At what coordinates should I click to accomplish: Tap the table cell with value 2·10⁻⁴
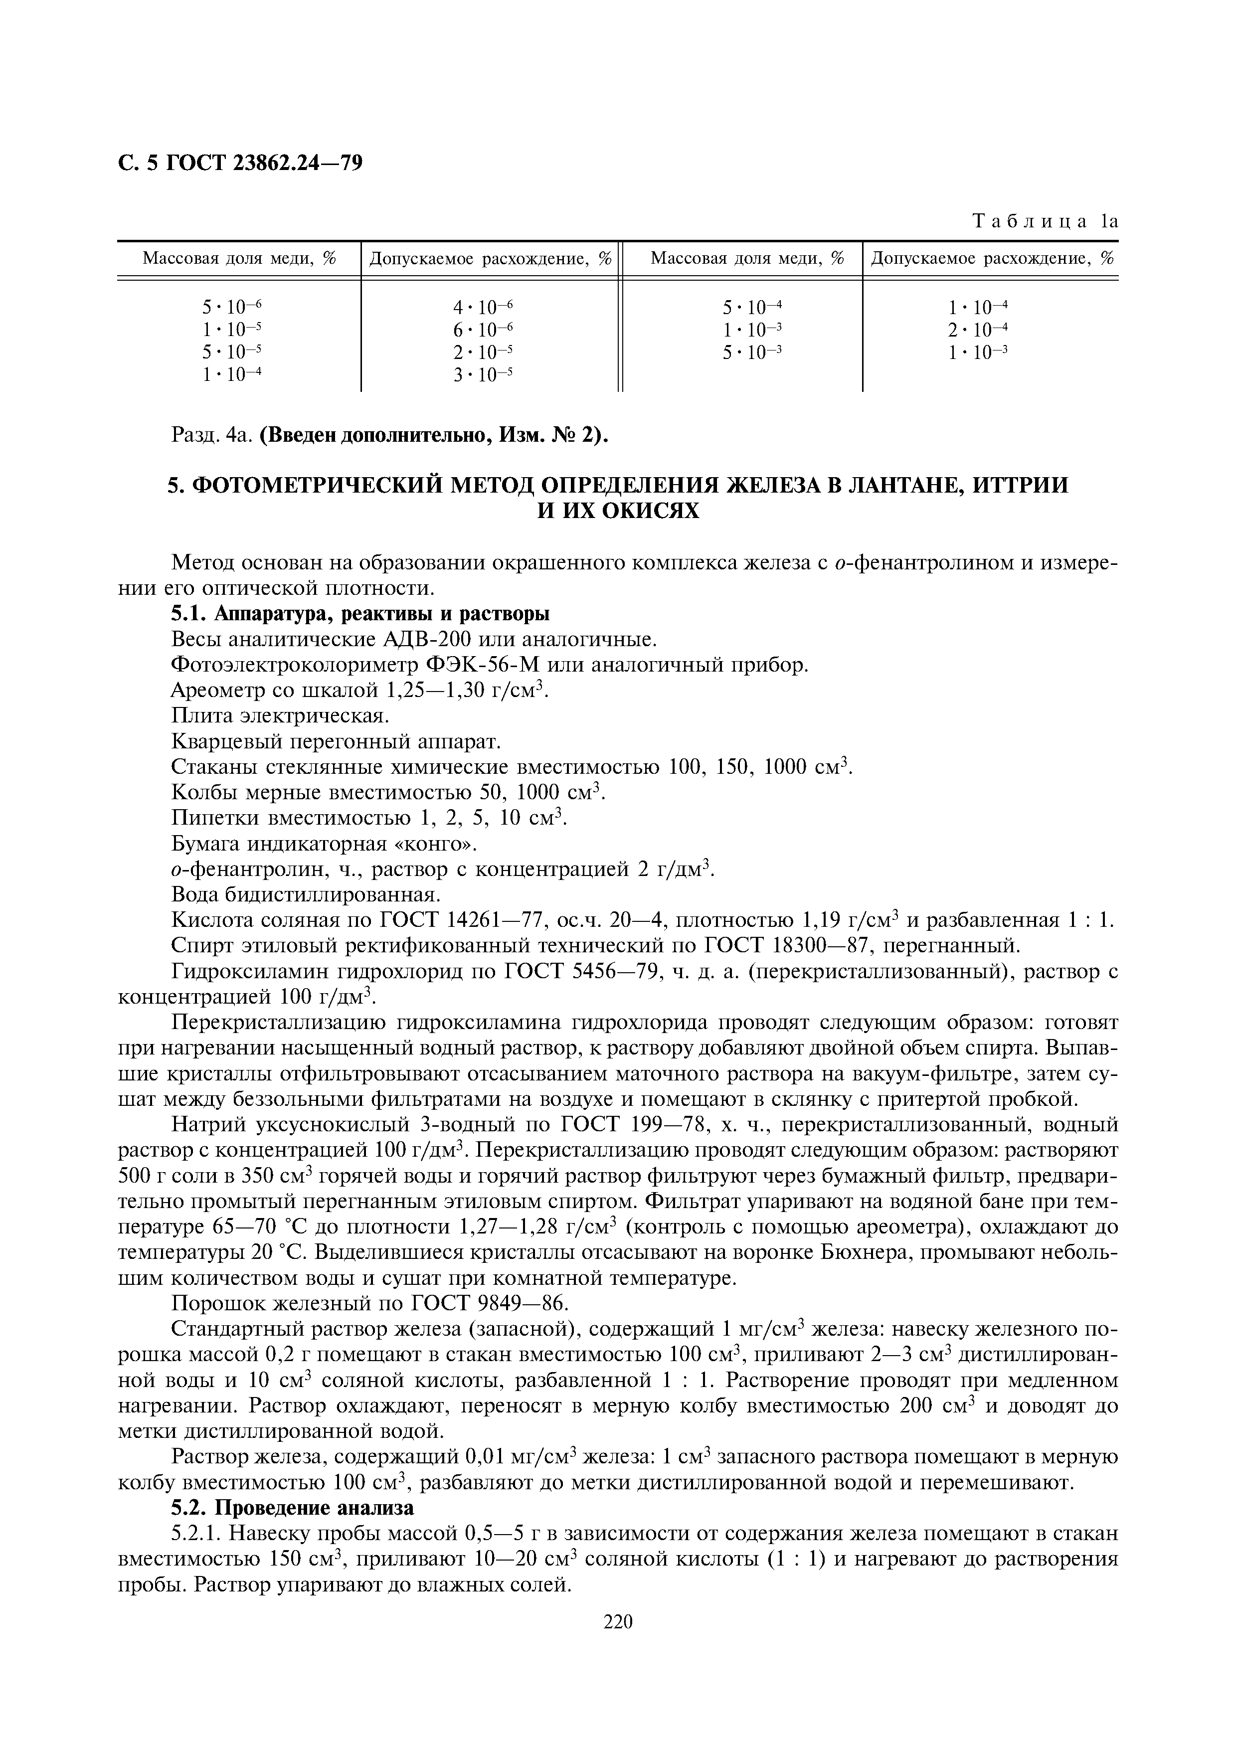(978, 330)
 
